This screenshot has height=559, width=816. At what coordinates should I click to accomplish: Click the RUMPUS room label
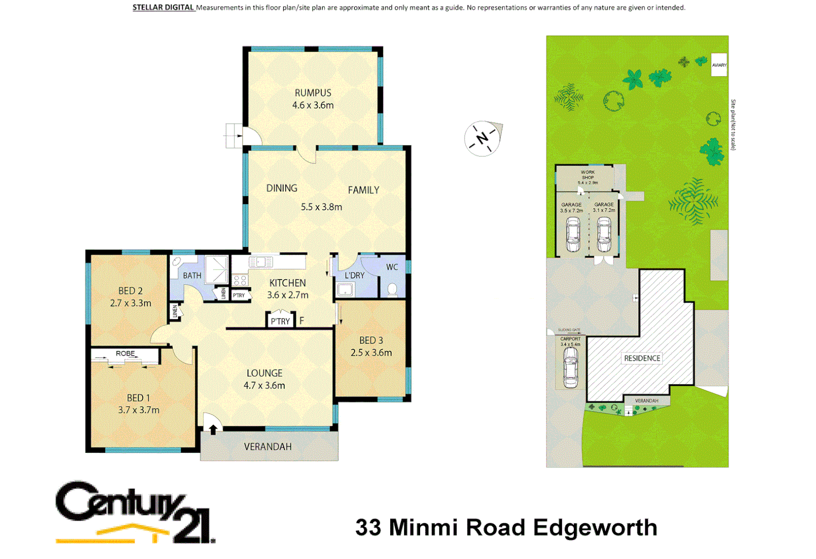coord(313,93)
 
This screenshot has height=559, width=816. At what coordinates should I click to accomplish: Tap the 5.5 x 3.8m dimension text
coord(321,207)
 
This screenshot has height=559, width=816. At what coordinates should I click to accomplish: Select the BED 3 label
coord(371,341)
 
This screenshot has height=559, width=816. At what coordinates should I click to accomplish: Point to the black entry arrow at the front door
coord(213,429)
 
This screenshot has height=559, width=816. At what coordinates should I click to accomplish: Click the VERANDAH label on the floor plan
coord(268,447)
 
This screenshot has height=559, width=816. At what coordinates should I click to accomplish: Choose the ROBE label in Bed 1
coord(125,354)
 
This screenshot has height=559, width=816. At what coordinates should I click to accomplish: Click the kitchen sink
coord(261,262)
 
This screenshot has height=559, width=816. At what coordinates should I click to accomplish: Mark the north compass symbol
coord(483,139)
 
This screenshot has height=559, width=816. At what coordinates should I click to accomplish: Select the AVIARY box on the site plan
coord(719,65)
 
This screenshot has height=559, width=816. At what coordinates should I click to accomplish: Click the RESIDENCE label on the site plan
coord(642,358)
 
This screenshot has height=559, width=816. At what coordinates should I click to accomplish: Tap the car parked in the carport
coord(570,367)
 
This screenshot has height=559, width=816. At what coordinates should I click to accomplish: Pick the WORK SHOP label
coord(588,175)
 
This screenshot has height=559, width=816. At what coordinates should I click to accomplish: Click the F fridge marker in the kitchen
coord(302,321)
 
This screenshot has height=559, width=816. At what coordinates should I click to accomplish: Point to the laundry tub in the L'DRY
coord(345,289)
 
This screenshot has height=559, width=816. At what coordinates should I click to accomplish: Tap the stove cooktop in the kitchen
coord(240,281)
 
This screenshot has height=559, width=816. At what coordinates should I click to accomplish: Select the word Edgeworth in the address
coord(595,528)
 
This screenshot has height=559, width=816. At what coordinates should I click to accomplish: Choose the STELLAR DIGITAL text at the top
coord(163,8)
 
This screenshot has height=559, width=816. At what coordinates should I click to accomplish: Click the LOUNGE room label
coord(264,373)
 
